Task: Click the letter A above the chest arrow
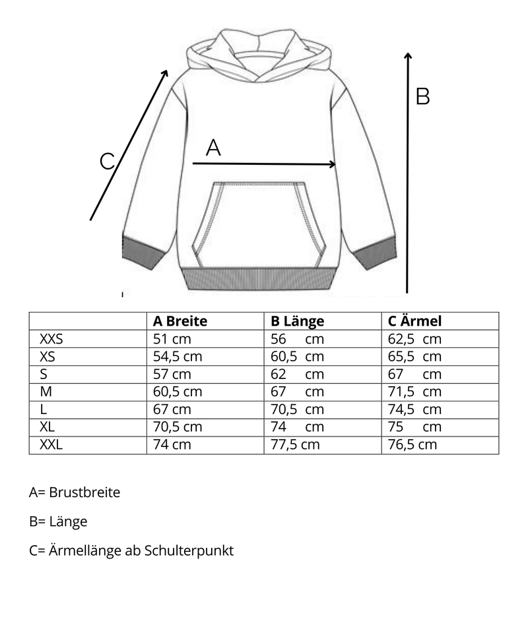213,148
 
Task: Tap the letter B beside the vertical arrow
422,96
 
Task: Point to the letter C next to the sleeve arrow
107,161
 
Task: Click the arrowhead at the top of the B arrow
407,57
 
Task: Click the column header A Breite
180,321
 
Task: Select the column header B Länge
298,321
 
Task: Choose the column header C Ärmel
414,321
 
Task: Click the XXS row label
55,339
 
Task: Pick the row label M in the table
46,392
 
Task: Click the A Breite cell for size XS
177,357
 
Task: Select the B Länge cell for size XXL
295,444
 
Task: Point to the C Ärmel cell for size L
414,409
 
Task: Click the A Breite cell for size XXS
172,339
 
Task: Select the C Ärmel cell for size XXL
412,444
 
